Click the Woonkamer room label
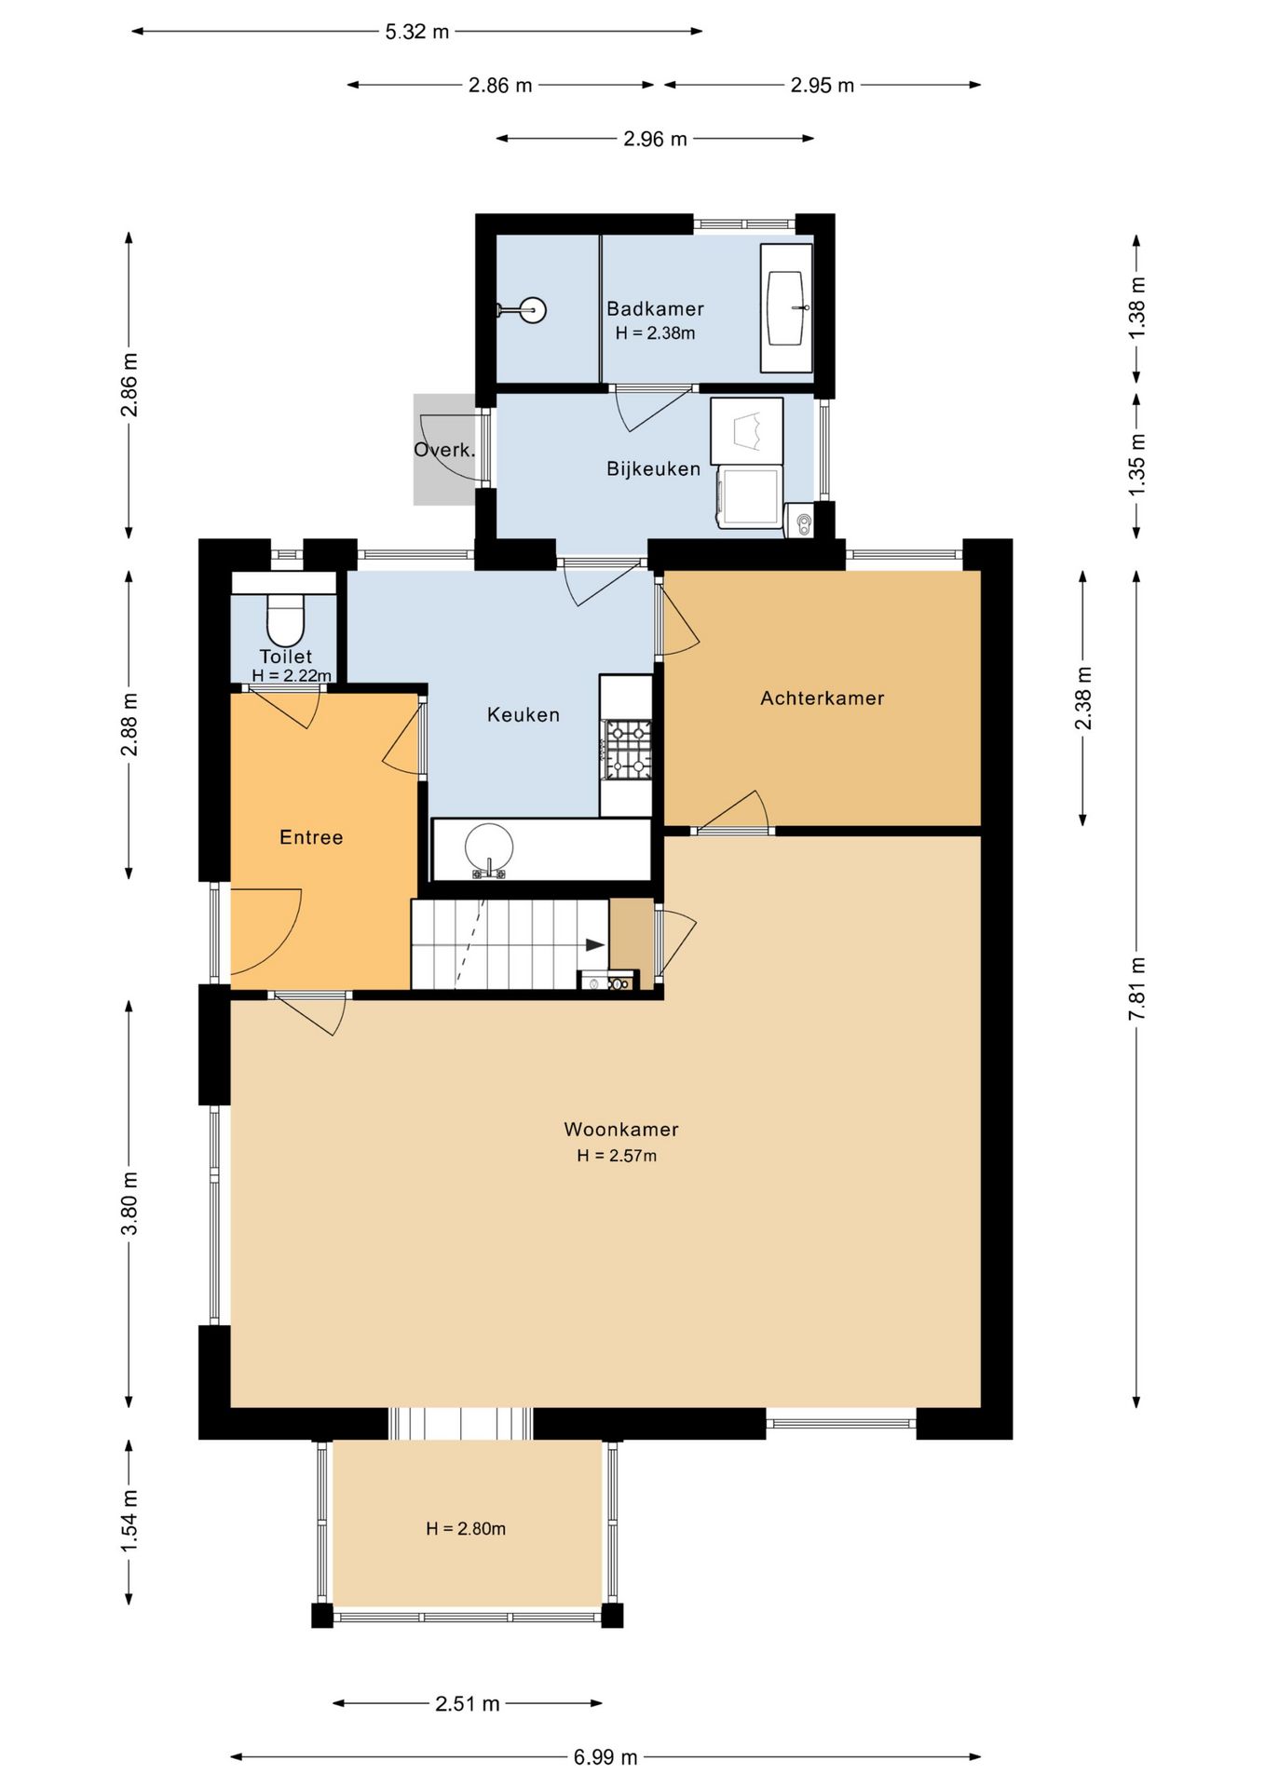pyautogui.click(x=621, y=1130)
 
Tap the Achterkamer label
pyautogui.click(x=823, y=698)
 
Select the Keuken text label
pyautogui.click(x=524, y=715)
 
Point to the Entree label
pyautogui.click(x=311, y=838)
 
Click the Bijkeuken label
pyautogui.click(x=654, y=469)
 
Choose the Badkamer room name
pyautogui.click(x=656, y=309)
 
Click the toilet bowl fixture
pyautogui.click(x=285, y=617)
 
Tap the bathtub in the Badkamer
pyautogui.click(x=786, y=308)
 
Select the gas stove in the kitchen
pyautogui.click(x=627, y=750)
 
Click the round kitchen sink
pyautogui.click(x=489, y=849)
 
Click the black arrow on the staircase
pyautogui.click(x=594, y=945)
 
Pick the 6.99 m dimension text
pyautogui.click(x=605, y=1757)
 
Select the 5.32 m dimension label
pyautogui.click(x=417, y=32)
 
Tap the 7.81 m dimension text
pyautogui.click(x=1137, y=988)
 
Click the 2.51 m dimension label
pyautogui.click(x=468, y=1704)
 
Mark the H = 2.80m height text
pyautogui.click(x=466, y=1529)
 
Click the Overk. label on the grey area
pyautogui.click(x=444, y=451)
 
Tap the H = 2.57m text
pyautogui.click(x=617, y=1157)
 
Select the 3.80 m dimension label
pyautogui.click(x=129, y=1203)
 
